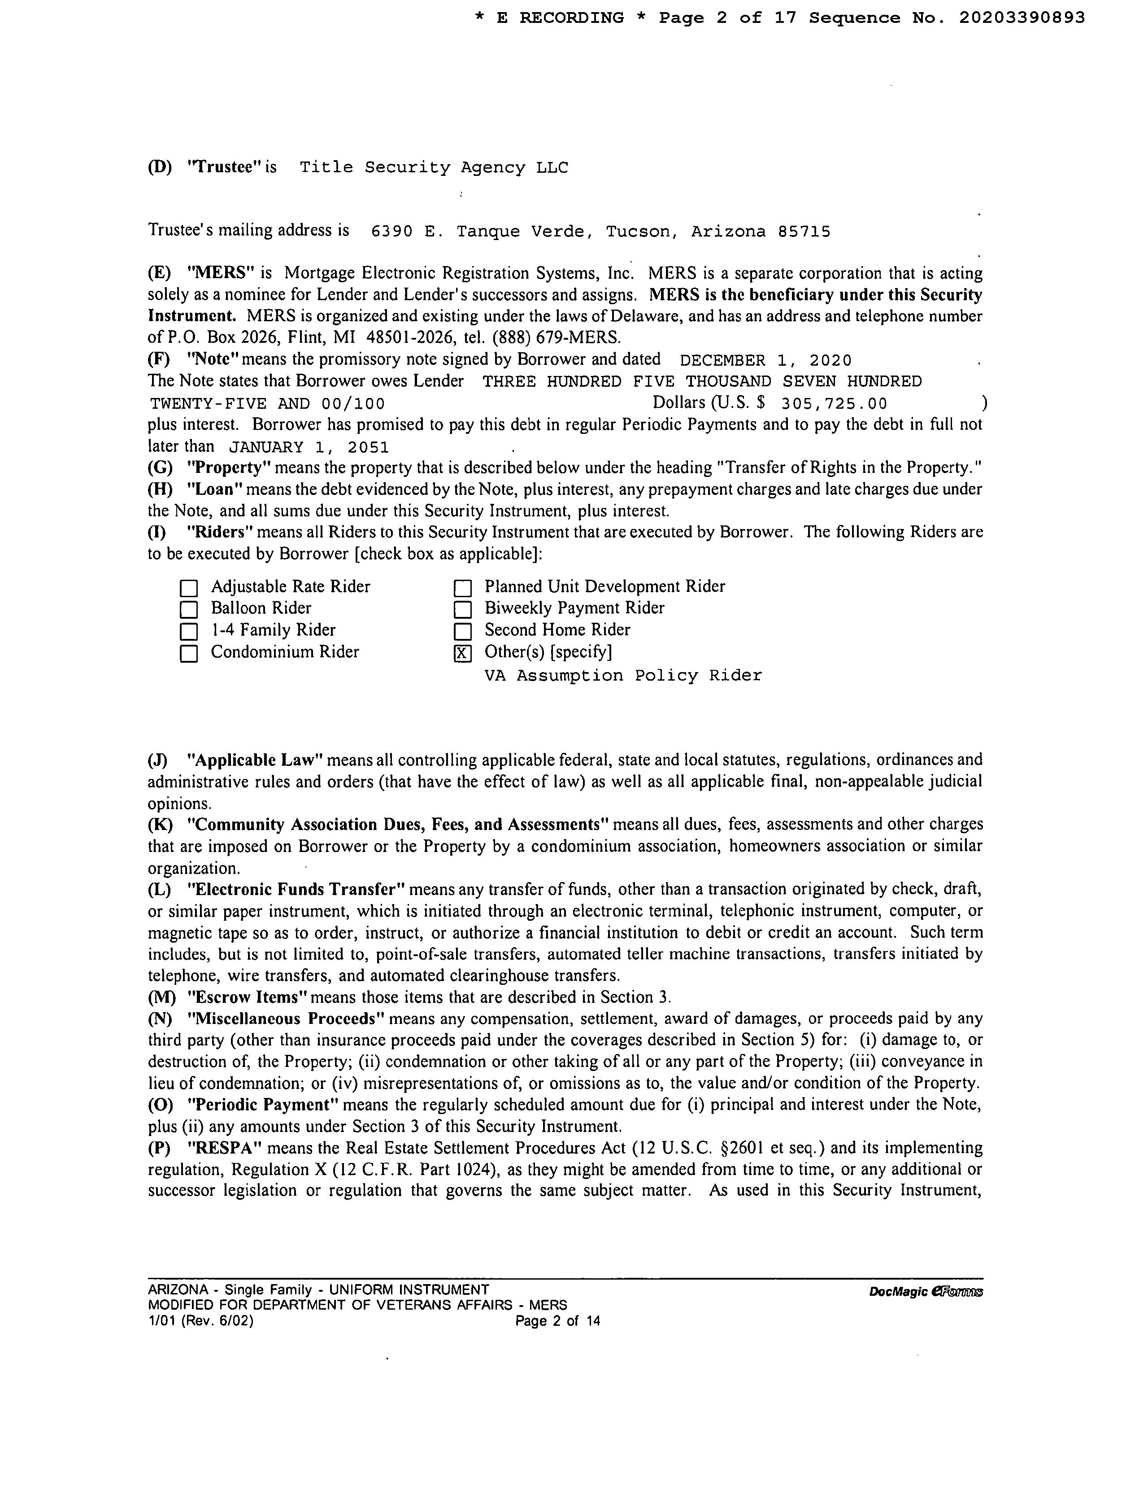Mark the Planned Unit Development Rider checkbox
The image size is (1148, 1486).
pos(462,588)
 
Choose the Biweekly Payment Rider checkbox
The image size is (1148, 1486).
pos(462,609)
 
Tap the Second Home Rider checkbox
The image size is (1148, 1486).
pos(462,631)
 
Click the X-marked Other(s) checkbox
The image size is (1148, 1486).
pos(462,654)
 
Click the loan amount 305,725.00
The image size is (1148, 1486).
pos(834,404)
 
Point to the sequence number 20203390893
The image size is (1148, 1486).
pos(1022,18)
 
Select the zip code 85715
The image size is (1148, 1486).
pos(804,232)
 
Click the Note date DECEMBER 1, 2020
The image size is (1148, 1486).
pos(765,361)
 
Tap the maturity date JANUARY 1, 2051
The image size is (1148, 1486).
pos(309,448)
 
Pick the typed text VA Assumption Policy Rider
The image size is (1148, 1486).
pos(623,676)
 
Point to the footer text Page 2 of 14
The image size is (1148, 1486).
pos(558,1321)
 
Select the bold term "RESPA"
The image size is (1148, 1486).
pos(224,1149)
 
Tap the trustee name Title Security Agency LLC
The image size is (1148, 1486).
pos(434,168)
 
